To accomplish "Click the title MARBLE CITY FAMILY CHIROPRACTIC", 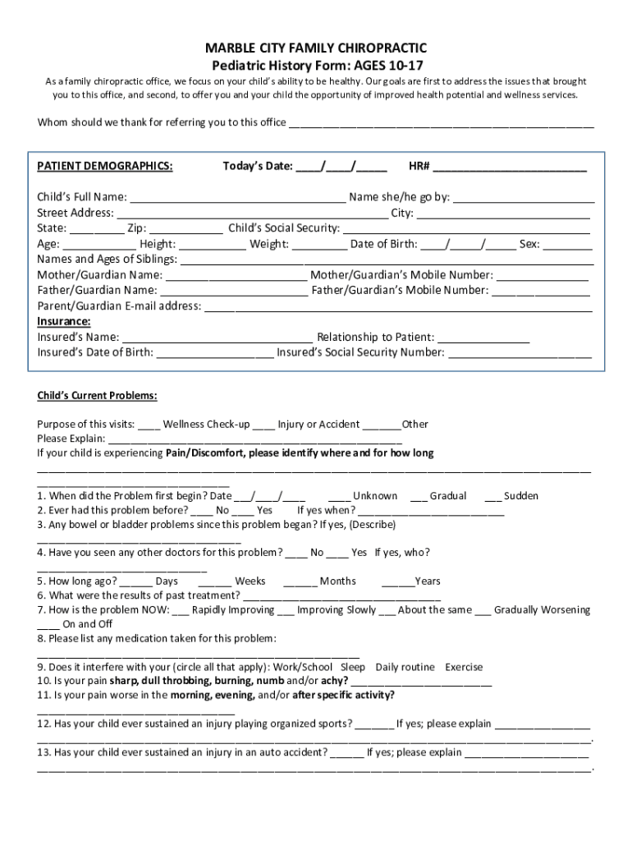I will (x=315, y=48).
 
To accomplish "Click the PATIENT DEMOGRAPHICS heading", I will (x=105, y=167).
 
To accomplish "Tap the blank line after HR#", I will (x=510, y=168).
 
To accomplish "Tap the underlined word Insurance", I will (x=64, y=321).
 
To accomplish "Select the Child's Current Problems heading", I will (x=97, y=396).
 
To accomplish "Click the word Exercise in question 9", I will (x=464, y=668).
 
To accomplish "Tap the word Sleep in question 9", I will (x=353, y=668).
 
